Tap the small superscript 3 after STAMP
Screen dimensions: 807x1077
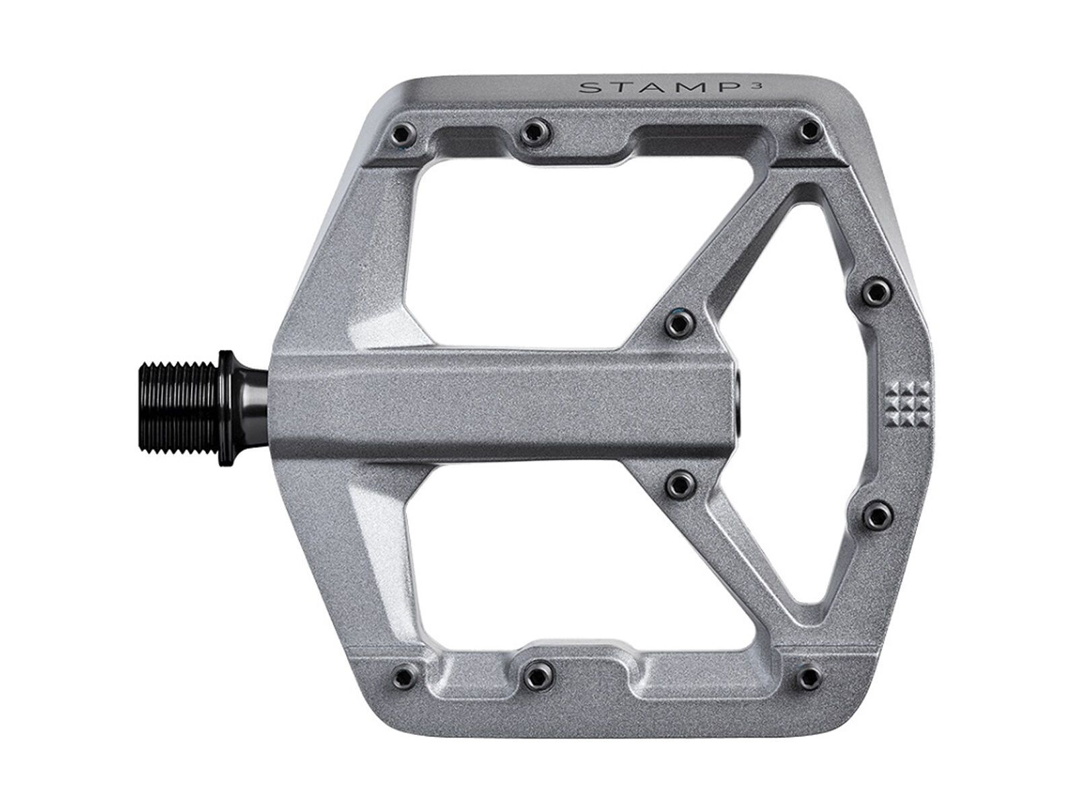coord(742,83)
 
